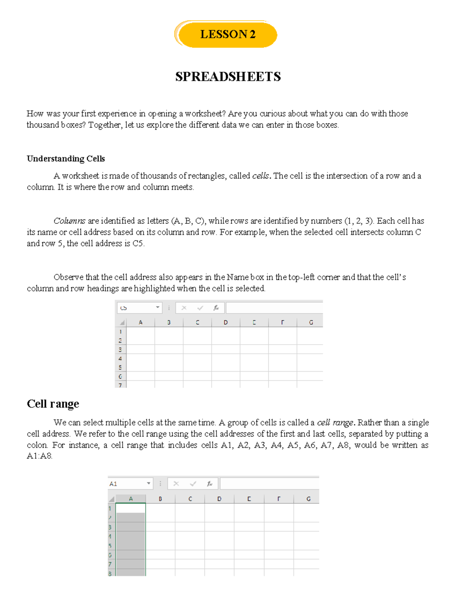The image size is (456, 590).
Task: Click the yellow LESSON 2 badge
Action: click(x=227, y=35)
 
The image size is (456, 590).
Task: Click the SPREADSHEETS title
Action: click(x=228, y=77)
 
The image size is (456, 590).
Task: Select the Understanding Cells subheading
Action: click(x=66, y=159)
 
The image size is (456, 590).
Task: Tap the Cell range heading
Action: click(x=53, y=403)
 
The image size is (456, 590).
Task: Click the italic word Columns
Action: click(x=69, y=221)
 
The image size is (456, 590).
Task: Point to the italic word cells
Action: click(x=261, y=176)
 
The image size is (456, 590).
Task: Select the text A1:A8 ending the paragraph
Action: click(x=39, y=456)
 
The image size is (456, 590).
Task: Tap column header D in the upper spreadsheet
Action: click(x=226, y=323)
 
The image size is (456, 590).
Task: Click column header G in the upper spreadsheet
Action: click(x=311, y=323)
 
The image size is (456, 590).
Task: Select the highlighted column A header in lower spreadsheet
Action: click(x=131, y=499)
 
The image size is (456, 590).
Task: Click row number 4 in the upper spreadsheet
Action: click(x=120, y=359)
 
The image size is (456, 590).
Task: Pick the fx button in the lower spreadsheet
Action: click(x=209, y=484)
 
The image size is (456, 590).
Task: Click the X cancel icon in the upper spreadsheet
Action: click(x=184, y=308)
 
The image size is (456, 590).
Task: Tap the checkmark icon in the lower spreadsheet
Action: click(x=193, y=484)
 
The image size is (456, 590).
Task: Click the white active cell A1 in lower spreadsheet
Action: click(x=130, y=508)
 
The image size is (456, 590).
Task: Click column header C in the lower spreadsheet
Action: click(x=190, y=499)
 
